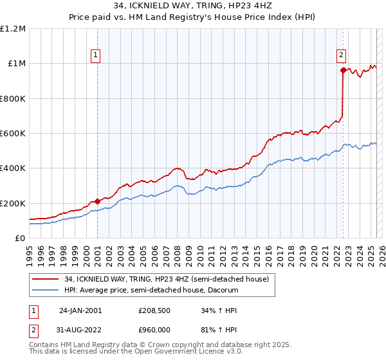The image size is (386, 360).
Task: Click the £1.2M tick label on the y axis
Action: point(13,29)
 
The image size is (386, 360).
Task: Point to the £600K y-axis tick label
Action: point(13,134)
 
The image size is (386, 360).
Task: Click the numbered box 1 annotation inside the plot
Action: point(95,56)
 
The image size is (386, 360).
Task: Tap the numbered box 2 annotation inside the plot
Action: point(341,56)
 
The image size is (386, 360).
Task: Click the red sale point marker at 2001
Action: point(97,202)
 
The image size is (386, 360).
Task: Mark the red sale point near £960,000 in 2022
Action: point(343,71)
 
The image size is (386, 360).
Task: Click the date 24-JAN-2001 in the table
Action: point(80,310)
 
